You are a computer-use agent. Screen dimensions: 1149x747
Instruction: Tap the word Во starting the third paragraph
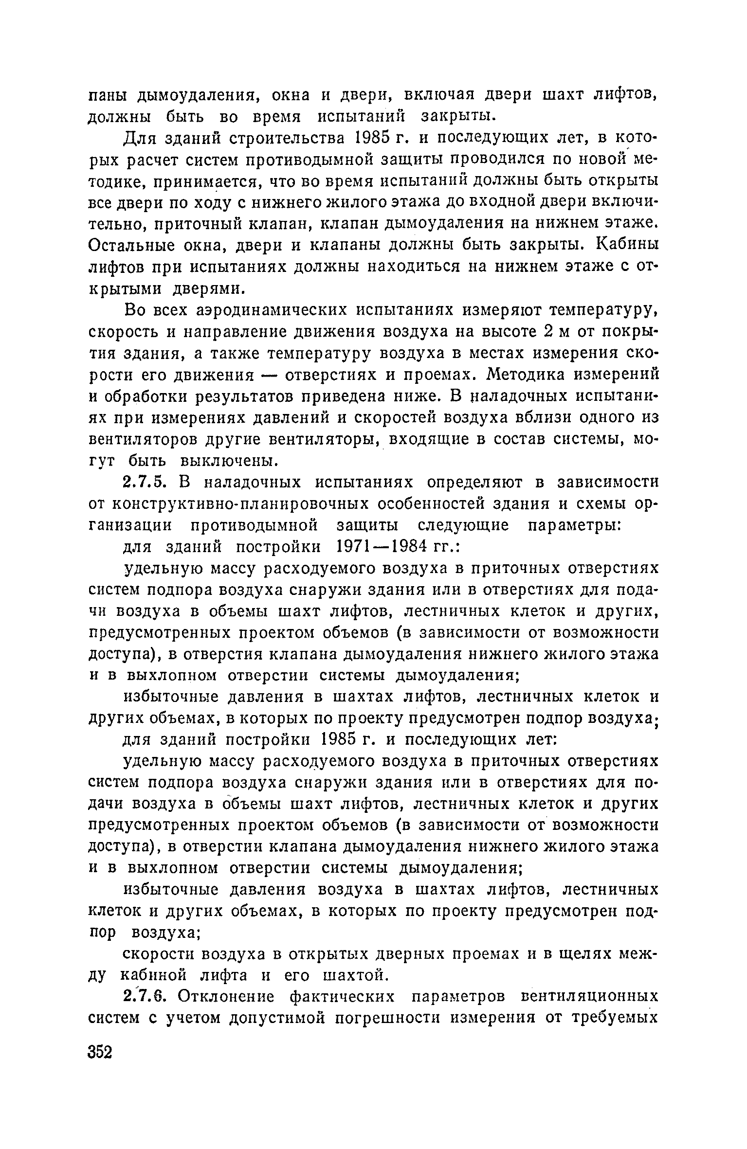[132, 310]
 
